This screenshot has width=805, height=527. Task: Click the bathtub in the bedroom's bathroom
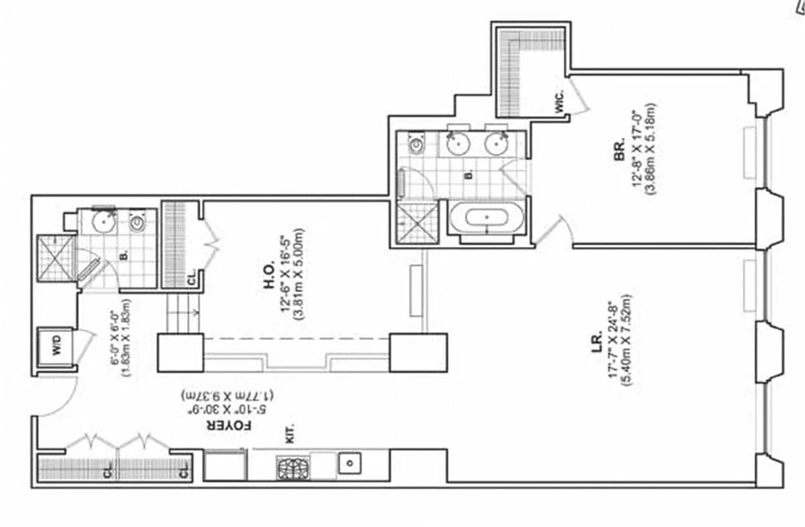point(487,217)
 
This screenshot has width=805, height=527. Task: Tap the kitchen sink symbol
point(350,463)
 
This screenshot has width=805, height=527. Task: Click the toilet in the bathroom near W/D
point(138,223)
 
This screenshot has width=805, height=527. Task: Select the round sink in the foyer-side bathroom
point(102,223)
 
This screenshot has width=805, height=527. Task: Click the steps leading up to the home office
point(181,310)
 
